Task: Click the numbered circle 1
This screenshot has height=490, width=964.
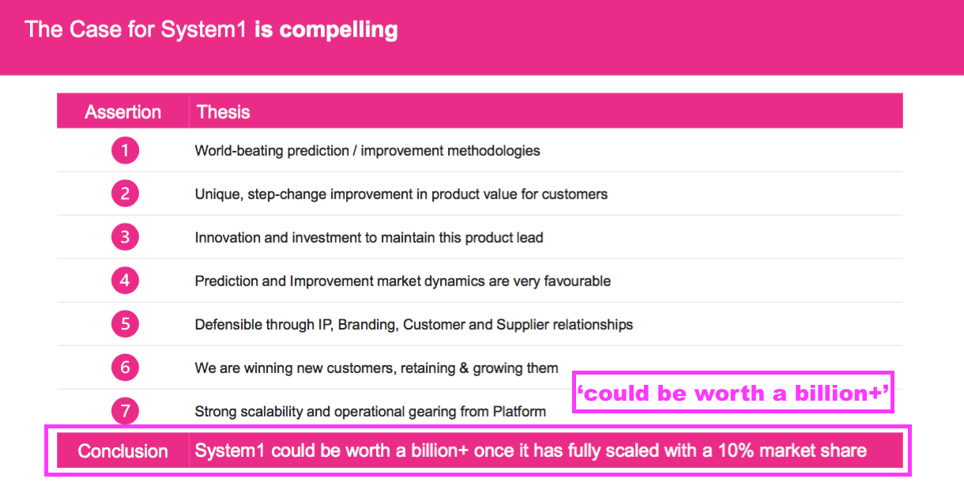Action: [x=125, y=150]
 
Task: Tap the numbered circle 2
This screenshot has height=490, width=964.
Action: [x=125, y=194]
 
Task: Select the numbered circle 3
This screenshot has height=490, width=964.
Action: [x=125, y=237]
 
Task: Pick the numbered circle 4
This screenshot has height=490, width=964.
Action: [x=125, y=281]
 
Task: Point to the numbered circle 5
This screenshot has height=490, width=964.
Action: [x=125, y=324]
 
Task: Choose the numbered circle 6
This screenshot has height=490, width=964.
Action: [x=125, y=367]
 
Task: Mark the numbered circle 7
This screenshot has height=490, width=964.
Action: [x=125, y=410]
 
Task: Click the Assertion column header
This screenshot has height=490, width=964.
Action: [x=122, y=112]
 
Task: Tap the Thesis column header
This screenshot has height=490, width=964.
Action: [x=223, y=112]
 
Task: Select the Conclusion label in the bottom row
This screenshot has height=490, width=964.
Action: [x=122, y=450]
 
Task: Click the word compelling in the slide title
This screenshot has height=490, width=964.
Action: [x=338, y=30]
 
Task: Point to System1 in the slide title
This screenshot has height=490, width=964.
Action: [x=204, y=30]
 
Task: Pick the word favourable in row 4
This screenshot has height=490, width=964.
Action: [x=577, y=281]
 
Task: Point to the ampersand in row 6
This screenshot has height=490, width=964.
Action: [x=464, y=367]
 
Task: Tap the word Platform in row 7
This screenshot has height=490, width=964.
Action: [x=519, y=411]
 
